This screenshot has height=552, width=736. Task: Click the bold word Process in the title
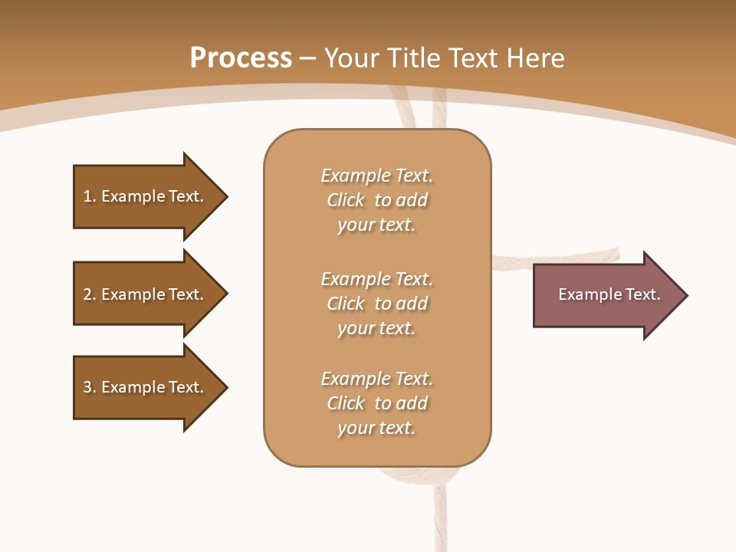241,58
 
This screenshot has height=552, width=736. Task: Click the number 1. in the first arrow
90,196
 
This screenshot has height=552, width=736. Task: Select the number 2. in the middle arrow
90,294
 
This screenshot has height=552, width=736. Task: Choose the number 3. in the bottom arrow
90,387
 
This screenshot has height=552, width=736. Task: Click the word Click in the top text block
346,200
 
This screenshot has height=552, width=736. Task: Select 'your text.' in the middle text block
376,328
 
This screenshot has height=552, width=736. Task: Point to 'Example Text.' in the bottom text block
376,379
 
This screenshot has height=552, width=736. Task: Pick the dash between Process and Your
307,58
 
